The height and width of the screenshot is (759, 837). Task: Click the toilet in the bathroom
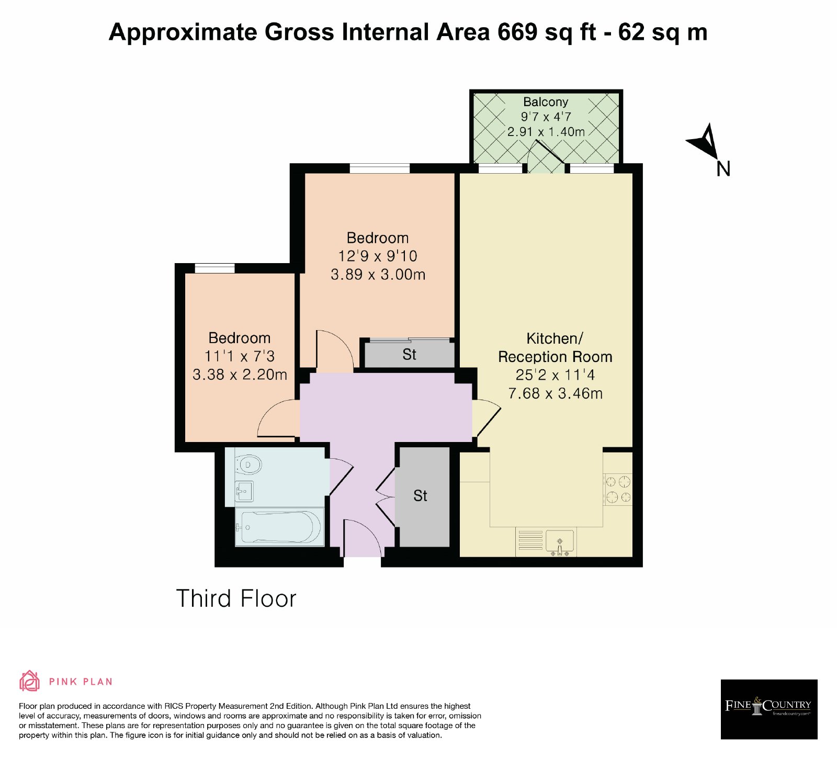pyautogui.click(x=248, y=464)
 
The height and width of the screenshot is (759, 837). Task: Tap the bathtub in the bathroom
pyautogui.click(x=279, y=527)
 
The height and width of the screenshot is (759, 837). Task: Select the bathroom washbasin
pyautogui.click(x=244, y=491)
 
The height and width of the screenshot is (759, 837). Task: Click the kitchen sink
pyautogui.click(x=560, y=541)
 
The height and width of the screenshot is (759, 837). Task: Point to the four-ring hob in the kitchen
pyautogui.click(x=618, y=489)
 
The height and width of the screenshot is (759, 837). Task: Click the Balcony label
pyautogui.click(x=546, y=101)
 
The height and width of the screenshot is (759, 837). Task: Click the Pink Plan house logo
pyautogui.click(x=29, y=681)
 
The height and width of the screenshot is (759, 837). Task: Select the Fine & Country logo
pyautogui.click(x=769, y=709)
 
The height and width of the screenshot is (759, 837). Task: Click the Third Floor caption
pyautogui.click(x=236, y=598)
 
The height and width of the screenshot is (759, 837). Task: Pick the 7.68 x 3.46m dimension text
pyautogui.click(x=555, y=393)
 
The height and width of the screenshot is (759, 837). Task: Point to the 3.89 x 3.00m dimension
pyautogui.click(x=378, y=275)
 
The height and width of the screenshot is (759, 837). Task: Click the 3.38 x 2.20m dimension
pyautogui.click(x=240, y=375)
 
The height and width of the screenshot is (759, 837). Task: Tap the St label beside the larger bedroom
pyautogui.click(x=409, y=355)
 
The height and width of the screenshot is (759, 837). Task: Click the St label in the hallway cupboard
pyautogui.click(x=420, y=496)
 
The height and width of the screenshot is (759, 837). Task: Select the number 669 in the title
pyautogui.click(x=517, y=32)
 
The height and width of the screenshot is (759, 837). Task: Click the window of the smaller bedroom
pyautogui.click(x=214, y=268)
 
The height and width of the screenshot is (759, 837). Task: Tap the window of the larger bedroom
pyautogui.click(x=379, y=168)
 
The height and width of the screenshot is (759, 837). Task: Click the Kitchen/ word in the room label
pyautogui.click(x=555, y=338)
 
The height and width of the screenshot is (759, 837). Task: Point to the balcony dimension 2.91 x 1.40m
pyautogui.click(x=546, y=132)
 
